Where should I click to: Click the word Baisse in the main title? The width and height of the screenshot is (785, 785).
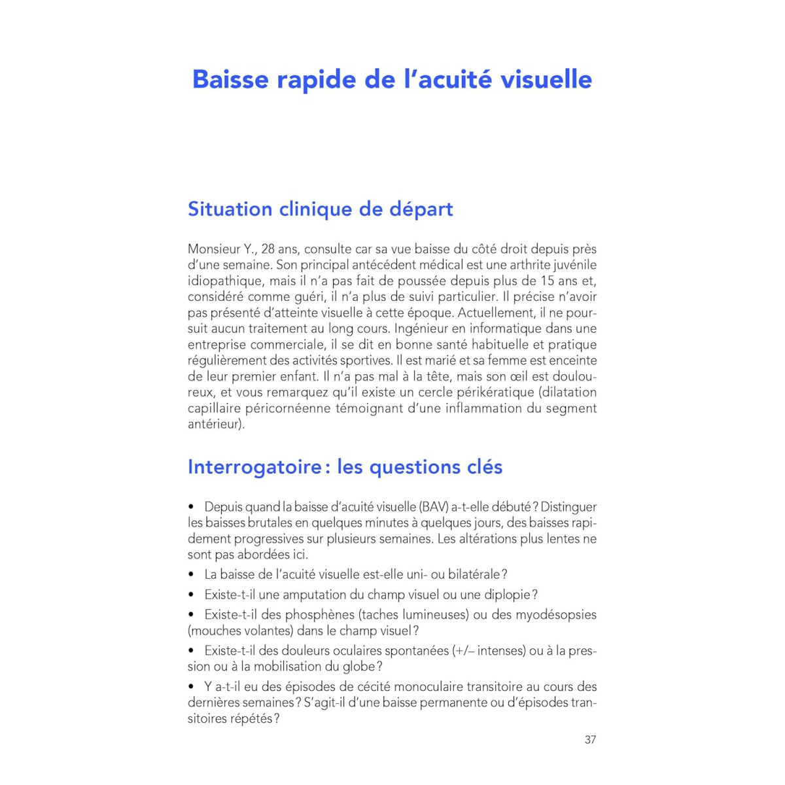(230, 79)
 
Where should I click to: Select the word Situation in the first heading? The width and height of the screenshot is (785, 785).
(230, 209)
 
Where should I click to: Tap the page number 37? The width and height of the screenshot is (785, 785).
(590, 740)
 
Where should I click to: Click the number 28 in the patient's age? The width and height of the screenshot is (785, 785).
(268, 249)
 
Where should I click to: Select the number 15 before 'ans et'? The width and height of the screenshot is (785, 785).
(548, 281)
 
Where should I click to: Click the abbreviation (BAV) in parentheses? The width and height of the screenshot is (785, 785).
(435, 507)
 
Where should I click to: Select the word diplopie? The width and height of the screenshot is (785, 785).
(508, 595)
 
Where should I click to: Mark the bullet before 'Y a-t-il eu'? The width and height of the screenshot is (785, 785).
(192, 687)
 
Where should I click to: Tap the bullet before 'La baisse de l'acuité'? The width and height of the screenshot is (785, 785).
(192, 575)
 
